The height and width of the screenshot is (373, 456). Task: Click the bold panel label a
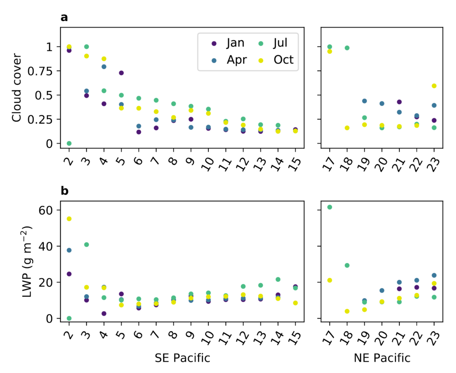pyautogui.click(x=65, y=18)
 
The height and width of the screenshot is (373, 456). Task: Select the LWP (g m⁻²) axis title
pyautogui.click(x=16, y=261)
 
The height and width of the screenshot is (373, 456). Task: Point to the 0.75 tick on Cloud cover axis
pyautogui.click(x=45, y=71)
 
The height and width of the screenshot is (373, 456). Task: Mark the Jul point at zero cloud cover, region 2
pyautogui.click(x=69, y=143)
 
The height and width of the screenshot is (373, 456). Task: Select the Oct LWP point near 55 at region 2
pyautogui.click(x=69, y=219)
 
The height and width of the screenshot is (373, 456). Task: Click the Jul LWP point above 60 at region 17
pyautogui.click(x=330, y=207)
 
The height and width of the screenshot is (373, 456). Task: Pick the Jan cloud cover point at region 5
pyautogui.click(x=121, y=73)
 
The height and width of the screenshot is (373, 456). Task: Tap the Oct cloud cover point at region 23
pyautogui.click(x=434, y=86)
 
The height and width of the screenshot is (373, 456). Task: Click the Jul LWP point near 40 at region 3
pyautogui.click(x=86, y=245)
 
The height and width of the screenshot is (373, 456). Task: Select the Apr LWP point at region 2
pyautogui.click(x=69, y=250)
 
